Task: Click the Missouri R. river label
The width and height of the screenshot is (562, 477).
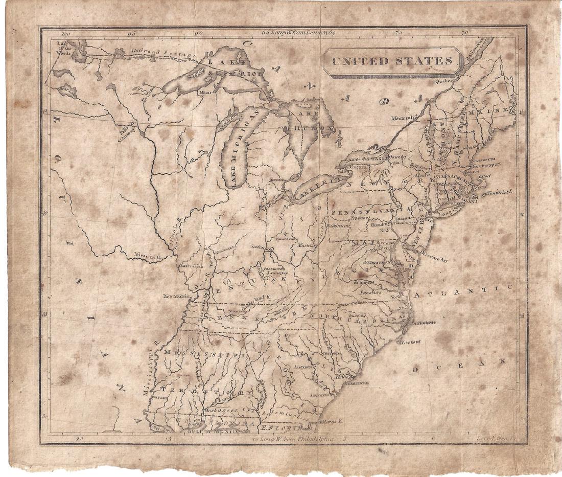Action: pyautogui.click(x=147, y=254)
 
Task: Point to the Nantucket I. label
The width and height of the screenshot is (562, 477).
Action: pyautogui.click(x=499, y=192)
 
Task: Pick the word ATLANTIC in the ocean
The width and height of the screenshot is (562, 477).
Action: pyautogui.click(x=462, y=292)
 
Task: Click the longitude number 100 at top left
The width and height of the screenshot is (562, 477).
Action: pyautogui.click(x=64, y=34)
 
